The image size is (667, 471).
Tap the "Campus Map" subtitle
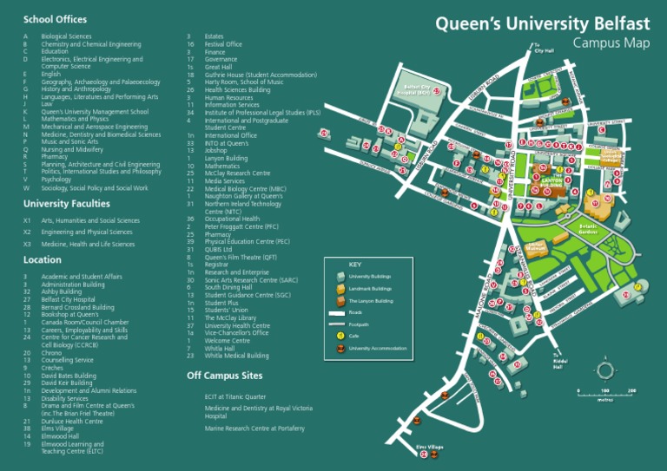click(x=611, y=43)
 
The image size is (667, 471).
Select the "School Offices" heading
click(x=55, y=18)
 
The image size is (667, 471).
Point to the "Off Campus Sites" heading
click(x=224, y=376)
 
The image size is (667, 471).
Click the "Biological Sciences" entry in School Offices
click(x=66, y=36)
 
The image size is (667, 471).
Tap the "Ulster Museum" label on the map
click(x=536, y=247)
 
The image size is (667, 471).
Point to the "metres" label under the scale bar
click(x=604, y=401)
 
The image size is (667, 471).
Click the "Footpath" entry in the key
click(x=359, y=324)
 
